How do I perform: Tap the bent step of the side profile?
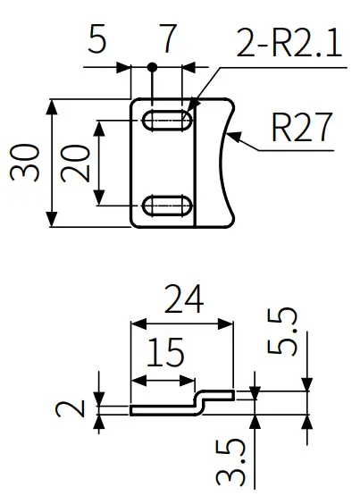(203, 402)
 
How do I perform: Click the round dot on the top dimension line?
(153, 67)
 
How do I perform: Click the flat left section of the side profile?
(161, 410)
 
